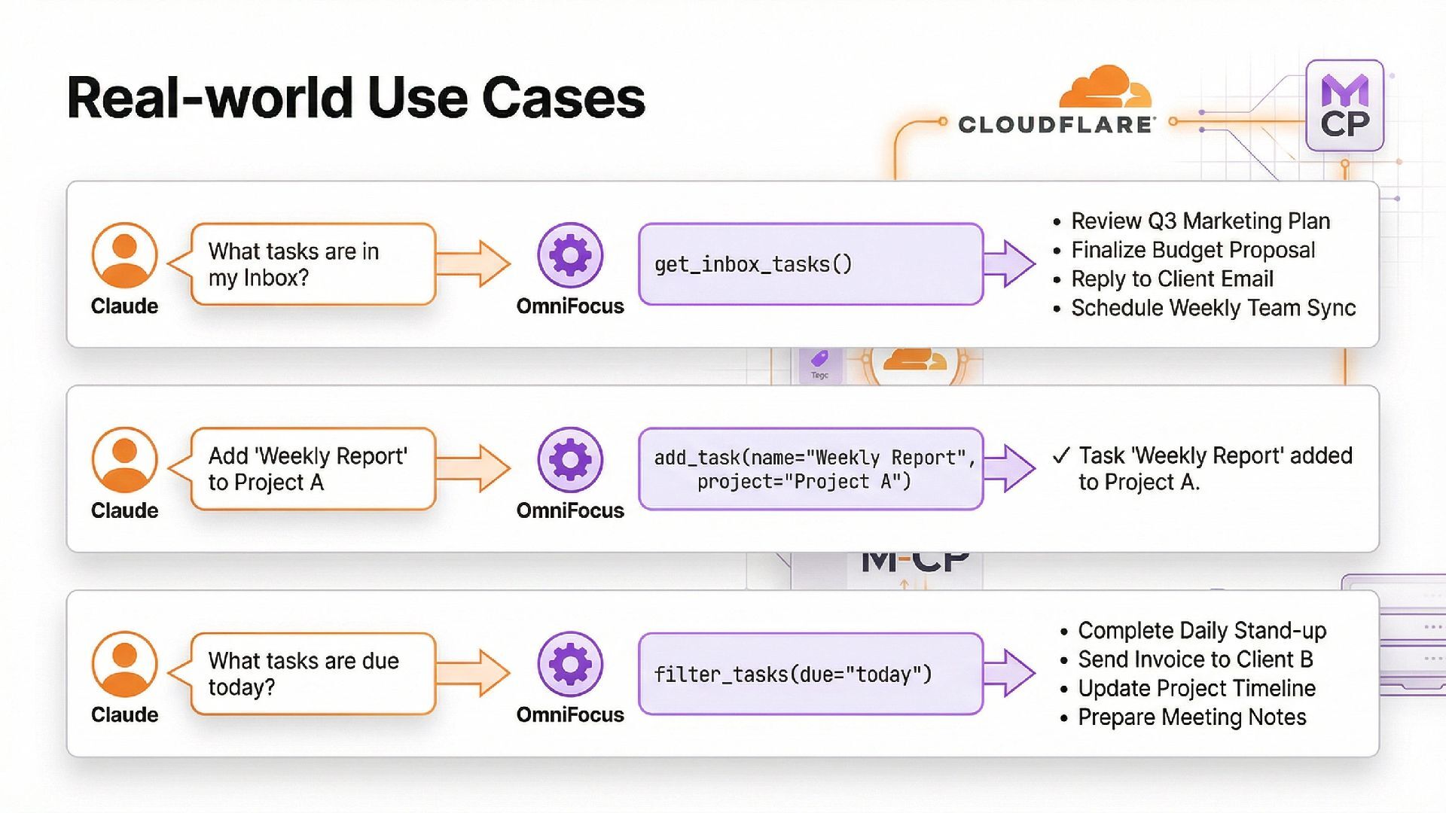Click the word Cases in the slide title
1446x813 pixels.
click(563, 98)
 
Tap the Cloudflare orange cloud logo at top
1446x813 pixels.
click(1105, 89)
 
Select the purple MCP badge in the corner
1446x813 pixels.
click(1344, 106)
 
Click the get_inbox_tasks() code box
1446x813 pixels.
click(810, 264)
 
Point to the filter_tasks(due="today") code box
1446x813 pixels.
click(810, 674)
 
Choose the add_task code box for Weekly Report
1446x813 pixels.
click(810, 469)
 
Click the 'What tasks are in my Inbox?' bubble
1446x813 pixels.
click(313, 264)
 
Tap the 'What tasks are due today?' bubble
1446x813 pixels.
click(313, 674)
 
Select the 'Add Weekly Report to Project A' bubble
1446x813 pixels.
click(313, 469)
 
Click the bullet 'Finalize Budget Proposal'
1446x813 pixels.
click(1193, 250)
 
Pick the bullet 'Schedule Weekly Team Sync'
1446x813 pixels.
click(1213, 308)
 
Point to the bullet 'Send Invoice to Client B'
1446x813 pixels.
click(1195, 659)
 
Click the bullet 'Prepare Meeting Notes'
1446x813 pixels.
click(1191, 717)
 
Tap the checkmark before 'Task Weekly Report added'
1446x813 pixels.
click(1061, 455)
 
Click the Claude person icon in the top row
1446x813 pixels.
click(124, 255)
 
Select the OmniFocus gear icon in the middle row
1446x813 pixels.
click(570, 460)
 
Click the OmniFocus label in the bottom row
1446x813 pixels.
click(570, 714)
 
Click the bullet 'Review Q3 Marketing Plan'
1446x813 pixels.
click(1200, 221)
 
